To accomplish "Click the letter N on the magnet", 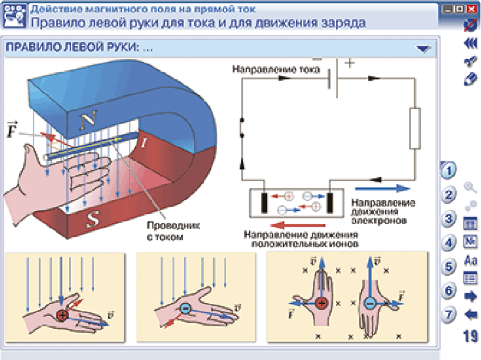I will tap(88, 122).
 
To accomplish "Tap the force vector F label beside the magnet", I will tap(13, 130).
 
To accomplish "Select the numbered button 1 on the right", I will tap(448, 170).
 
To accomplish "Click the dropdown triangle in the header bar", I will tap(423, 49).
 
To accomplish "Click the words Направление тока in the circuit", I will tap(275, 69).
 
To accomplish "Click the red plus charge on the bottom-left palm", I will tap(63, 315).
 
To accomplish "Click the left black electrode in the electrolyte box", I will tap(264, 203).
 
